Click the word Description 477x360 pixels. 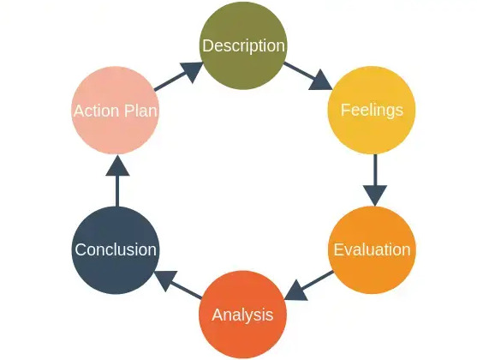pyautogui.click(x=242, y=45)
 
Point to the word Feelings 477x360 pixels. pyautogui.click(x=372, y=111)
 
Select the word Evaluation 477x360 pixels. pyautogui.click(x=372, y=250)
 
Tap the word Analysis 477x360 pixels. pyautogui.click(x=242, y=315)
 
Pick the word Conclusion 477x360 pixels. pyautogui.click(x=116, y=250)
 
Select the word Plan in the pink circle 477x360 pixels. pyautogui.click(x=140, y=111)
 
